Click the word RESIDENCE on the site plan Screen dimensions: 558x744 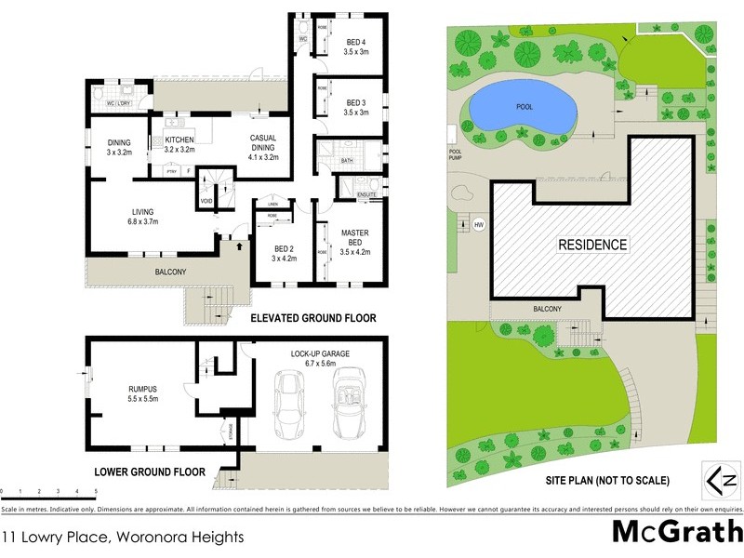[x=592, y=246]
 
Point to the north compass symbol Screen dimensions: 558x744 [x=720, y=481]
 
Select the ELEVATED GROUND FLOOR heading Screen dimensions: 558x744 [x=312, y=318]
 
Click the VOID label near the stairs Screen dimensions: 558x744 [x=206, y=201]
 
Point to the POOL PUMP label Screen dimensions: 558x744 [x=456, y=154]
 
